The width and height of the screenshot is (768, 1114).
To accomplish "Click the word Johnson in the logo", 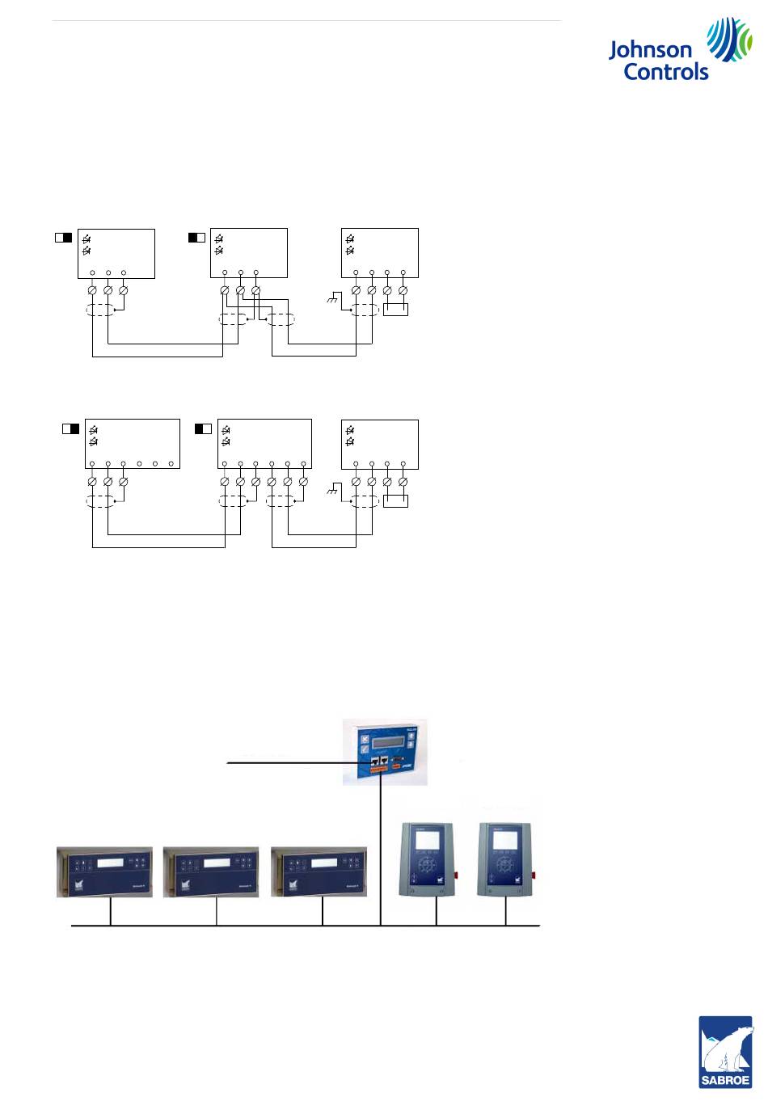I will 650,50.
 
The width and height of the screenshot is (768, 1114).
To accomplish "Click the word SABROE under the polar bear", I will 725,1079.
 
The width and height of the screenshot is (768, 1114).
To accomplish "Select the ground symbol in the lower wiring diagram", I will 331,491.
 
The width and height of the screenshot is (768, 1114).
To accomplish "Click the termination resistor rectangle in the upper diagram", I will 395,310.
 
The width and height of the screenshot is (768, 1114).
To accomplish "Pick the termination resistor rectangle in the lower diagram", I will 395,501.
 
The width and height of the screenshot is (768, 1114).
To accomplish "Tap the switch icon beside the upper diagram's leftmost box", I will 63,238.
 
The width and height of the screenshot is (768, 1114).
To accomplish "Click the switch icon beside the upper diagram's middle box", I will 196,238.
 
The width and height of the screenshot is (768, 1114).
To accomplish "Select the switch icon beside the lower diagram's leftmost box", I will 70,428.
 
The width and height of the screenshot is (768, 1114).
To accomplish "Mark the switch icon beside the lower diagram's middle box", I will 203,428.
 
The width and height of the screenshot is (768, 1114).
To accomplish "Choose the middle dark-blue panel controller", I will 211,871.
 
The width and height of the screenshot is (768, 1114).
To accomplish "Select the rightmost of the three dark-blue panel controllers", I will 319,871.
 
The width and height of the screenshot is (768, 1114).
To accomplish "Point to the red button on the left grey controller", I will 457,876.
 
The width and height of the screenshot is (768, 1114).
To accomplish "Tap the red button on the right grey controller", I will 534,876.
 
